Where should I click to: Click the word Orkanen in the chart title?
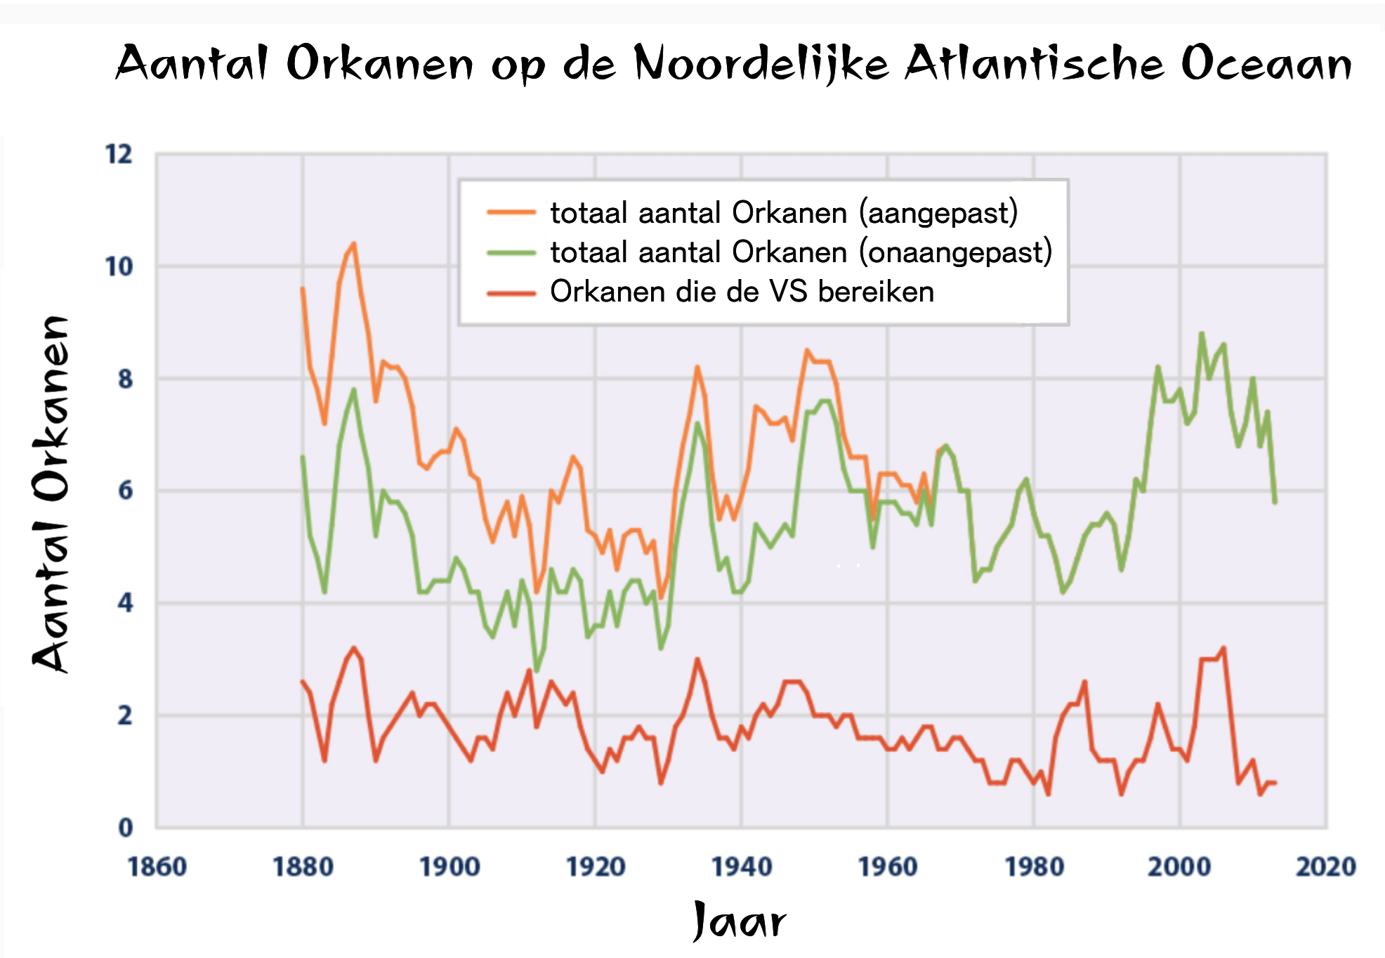pos(380,63)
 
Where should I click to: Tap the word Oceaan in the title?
pos(1266,63)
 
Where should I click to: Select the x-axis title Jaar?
pos(739,921)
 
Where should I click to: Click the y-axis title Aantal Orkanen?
pos(51,493)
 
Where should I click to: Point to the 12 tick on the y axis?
pos(119,154)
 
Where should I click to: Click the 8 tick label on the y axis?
pos(125,379)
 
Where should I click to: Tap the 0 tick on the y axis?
pos(125,827)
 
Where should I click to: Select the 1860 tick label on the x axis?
pos(157,867)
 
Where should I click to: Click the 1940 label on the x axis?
pos(742,867)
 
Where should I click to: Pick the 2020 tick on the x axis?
pos(1325,867)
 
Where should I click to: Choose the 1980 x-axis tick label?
pos(1034,867)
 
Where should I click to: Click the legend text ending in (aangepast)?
pos(784,213)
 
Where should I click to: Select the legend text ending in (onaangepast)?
pos(801,252)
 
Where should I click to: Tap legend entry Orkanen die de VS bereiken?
pos(742,292)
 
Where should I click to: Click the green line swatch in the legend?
pos(511,252)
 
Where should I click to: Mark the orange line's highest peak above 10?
pos(354,244)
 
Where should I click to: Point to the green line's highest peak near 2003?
pos(1202,333)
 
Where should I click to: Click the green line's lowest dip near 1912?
pos(537,671)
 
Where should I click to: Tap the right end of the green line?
pos(1275,502)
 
